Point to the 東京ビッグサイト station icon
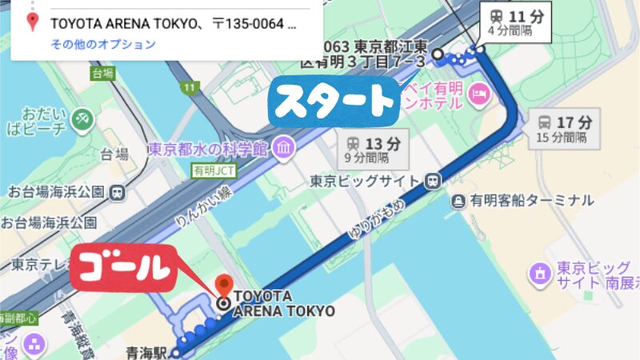point(433,181)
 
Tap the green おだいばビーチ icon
point(81,118)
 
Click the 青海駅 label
point(148,351)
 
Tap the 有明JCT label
point(209,171)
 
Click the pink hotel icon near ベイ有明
point(480,95)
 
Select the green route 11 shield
point(189,86)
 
